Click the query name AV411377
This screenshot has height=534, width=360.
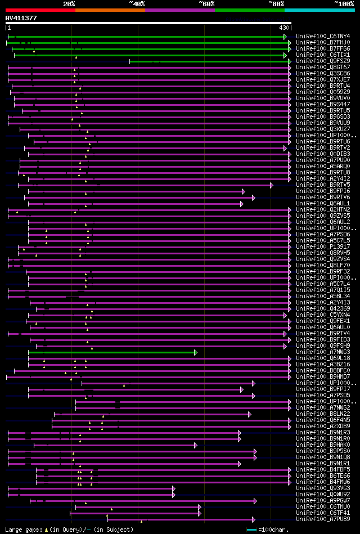(x=21, y=18)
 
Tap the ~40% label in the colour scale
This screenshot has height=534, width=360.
(x=136, y=4)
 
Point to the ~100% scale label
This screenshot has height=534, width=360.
(x=344, y=4)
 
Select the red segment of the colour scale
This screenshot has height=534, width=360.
(x=40, y=10)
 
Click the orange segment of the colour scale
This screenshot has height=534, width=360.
(x=110, y=10)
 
